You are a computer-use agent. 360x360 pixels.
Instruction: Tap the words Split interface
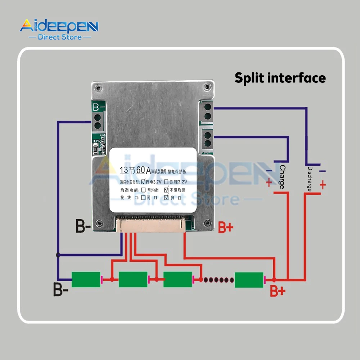280,78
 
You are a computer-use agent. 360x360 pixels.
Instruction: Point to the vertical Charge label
282,177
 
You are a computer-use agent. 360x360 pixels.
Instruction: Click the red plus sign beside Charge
269,183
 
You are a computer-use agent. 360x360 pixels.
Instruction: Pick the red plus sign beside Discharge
323,185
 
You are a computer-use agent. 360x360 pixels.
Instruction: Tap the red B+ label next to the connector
226,228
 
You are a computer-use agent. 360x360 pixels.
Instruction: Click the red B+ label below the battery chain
278,291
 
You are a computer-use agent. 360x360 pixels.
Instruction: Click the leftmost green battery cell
86,280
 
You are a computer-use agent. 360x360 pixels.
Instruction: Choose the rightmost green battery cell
249,280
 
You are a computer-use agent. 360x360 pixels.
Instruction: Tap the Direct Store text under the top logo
60,37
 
